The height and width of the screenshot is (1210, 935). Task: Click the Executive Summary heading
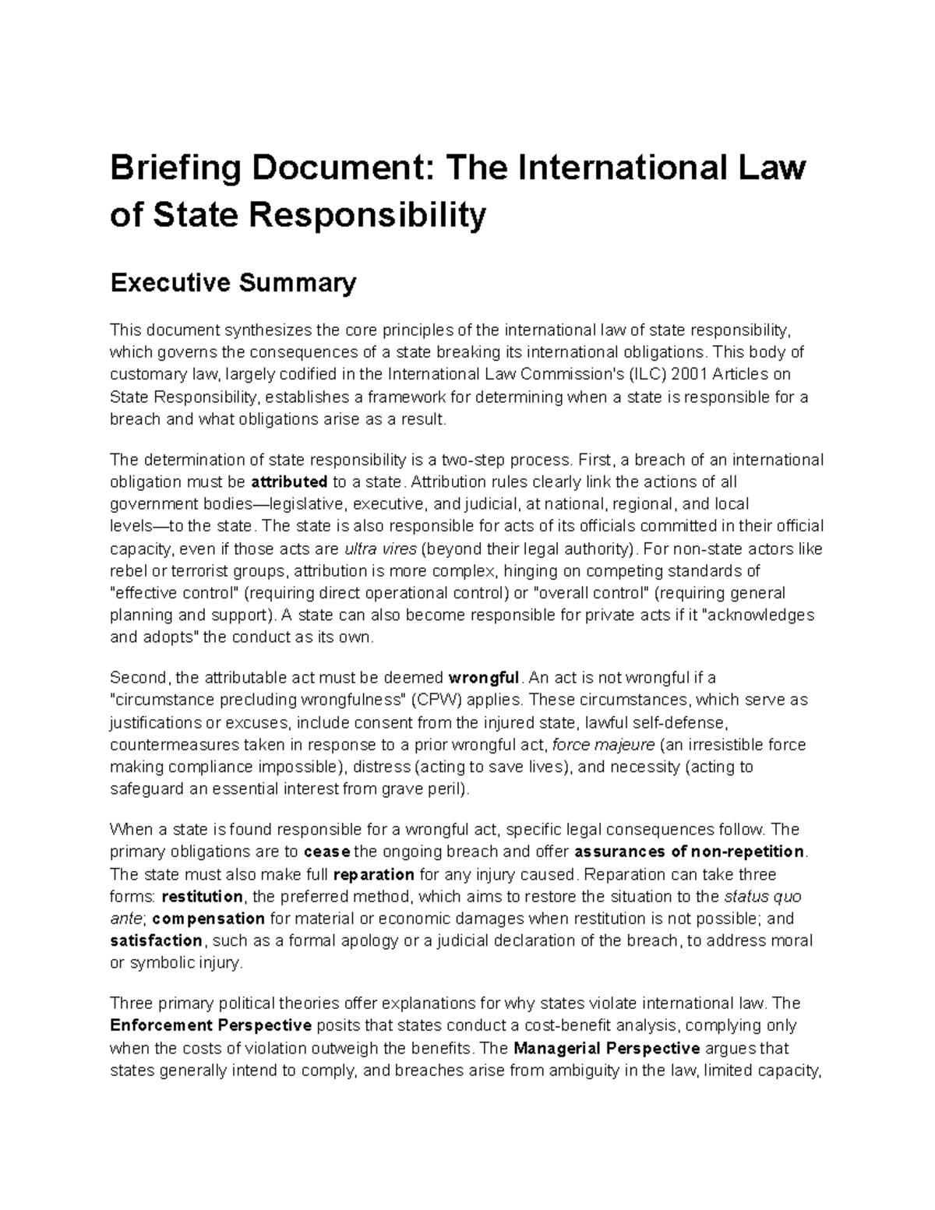tap(233, 282)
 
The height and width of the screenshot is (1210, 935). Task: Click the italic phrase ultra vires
tap(379, 549)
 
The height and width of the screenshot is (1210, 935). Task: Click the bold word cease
tap(327, 851)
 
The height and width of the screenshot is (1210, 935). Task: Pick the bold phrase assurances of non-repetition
tap(689, 851)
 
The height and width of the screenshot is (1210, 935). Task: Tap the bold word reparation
tap(373, 873)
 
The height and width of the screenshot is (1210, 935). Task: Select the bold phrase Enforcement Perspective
tap(211, 1025)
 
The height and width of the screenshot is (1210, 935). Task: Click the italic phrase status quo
tap(763, 896)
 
